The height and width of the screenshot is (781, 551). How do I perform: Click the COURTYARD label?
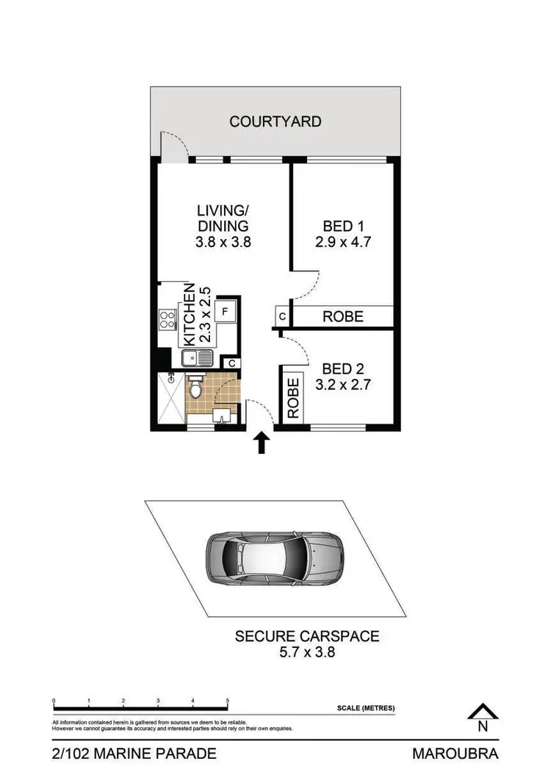[275, 121]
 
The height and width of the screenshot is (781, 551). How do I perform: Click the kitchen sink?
[197, 360]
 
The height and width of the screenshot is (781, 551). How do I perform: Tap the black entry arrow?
[262, 443]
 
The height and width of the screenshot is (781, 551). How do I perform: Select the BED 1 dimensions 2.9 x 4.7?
[344, 241]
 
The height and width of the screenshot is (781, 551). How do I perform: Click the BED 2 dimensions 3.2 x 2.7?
[344, 385]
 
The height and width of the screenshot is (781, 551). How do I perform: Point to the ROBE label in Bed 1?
[343, 316]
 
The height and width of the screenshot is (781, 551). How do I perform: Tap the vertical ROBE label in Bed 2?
[293, 398]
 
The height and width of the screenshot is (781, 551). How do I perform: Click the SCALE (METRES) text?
[365, 708]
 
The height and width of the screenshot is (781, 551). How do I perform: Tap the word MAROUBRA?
[455, 753]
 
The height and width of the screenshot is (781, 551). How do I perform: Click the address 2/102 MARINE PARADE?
[134, 753]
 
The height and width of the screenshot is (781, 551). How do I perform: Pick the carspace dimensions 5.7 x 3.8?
[306, 652]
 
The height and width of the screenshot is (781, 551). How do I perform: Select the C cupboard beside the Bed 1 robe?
[282, 317]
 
